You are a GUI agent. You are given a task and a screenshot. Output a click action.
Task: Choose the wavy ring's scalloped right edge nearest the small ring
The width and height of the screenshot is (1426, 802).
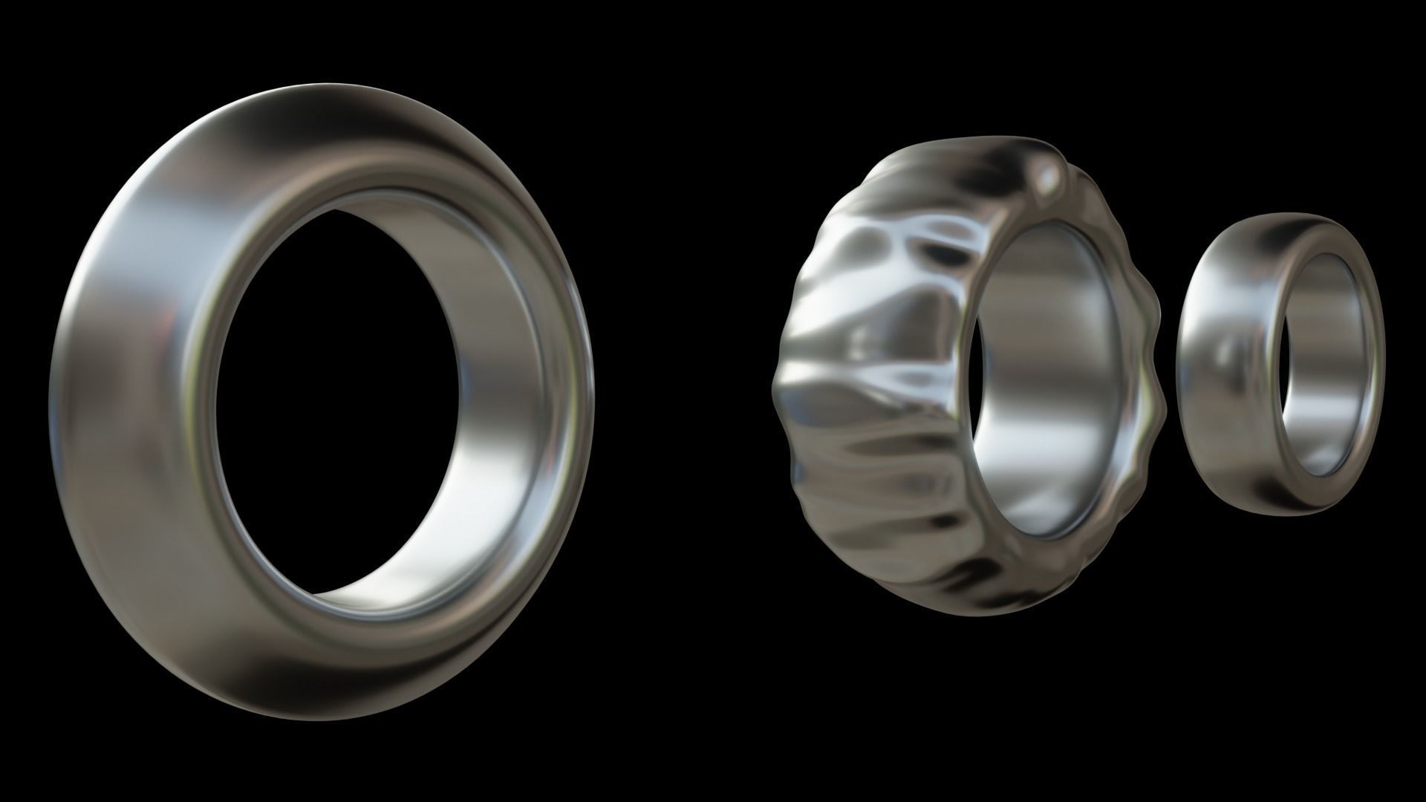[1155, 334]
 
